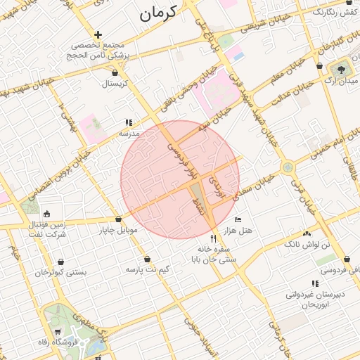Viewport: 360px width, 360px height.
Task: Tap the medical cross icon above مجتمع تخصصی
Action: tap(98, 34)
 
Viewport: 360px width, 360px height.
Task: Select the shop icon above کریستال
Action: tap(115, 72)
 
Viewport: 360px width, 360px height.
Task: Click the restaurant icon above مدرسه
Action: tap(129, 122)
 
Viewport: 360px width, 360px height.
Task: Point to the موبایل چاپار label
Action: tap(122, 230)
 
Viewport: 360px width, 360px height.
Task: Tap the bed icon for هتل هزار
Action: tap(237, 220)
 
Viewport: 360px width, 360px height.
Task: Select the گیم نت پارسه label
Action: tap(148, 269)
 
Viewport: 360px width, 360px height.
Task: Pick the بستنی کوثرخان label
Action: tap(61, 271)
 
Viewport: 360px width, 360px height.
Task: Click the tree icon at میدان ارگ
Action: tap(342, 69)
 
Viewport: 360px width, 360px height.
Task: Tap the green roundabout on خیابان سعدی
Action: tap(287, 167)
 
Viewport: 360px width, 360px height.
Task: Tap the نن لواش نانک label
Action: tap(307, 243)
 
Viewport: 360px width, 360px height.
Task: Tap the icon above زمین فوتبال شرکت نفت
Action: tap(46, 214)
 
